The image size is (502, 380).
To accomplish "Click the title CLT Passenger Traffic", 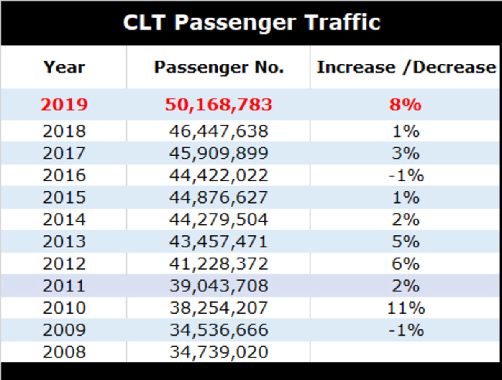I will point(251,22).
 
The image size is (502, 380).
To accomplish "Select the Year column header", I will point(64,67).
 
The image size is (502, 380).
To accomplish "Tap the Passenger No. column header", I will point(219,67).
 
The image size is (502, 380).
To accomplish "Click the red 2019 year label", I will point(64,105).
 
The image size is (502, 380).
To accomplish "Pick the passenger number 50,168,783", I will point(219,105).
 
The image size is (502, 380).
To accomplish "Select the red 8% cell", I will point(405,105).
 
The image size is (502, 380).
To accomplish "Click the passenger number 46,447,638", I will point(219,131).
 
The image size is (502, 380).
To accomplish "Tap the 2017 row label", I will point(64,153).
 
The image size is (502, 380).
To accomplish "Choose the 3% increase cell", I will point(405,153).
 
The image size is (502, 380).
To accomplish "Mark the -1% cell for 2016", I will point(405,176).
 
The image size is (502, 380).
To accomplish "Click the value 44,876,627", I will point(219,198).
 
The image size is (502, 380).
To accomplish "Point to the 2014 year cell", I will point(64,220).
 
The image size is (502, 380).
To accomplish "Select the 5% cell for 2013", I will point(405,242).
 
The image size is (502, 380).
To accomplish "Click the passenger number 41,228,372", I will point(219,264).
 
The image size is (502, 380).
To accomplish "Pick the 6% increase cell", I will point(405,264).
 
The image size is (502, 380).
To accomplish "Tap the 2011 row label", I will point(64,286).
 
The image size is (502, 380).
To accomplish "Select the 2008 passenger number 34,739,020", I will point(219,352).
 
